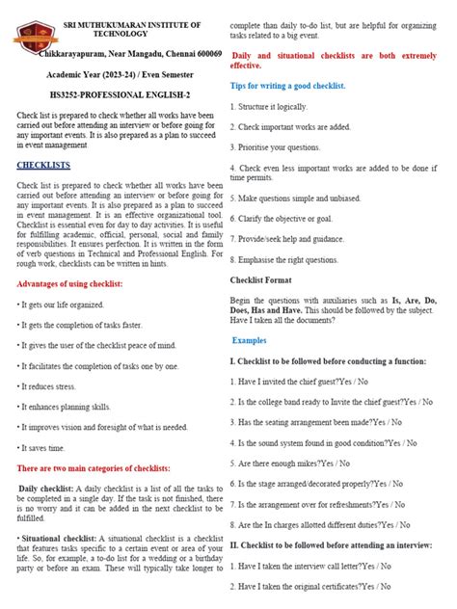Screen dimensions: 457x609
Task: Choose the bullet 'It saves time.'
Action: click(x=43, y=448)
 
